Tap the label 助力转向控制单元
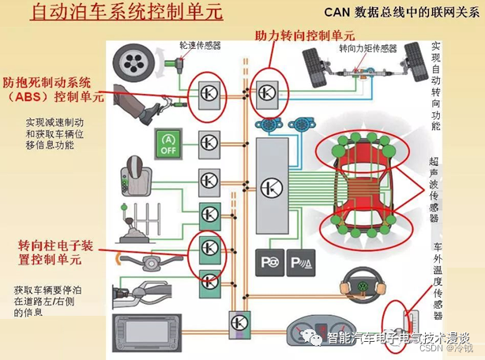[305, 36]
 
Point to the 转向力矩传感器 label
[367, 49]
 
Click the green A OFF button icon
[166, 141]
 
